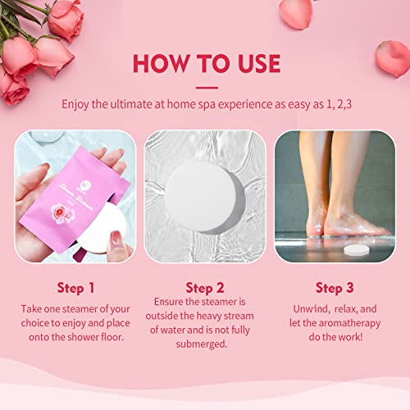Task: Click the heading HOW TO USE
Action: (x=205, y=63)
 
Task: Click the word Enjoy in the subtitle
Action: (x=80, y=104)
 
